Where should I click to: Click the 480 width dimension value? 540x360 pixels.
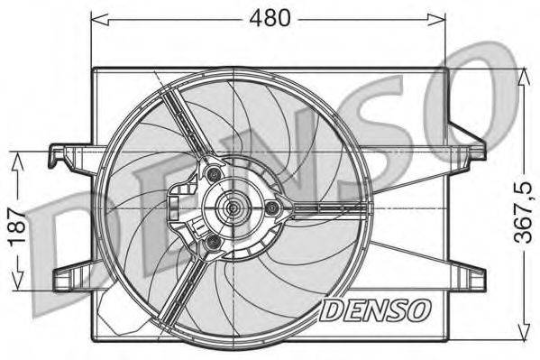[270, 18]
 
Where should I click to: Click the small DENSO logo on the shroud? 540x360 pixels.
[376, 311]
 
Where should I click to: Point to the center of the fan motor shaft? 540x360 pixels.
[233, 208]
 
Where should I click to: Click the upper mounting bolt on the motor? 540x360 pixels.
[213, 173]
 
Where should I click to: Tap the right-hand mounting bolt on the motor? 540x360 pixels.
[270, 208]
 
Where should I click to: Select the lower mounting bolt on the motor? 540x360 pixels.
[213, 243]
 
